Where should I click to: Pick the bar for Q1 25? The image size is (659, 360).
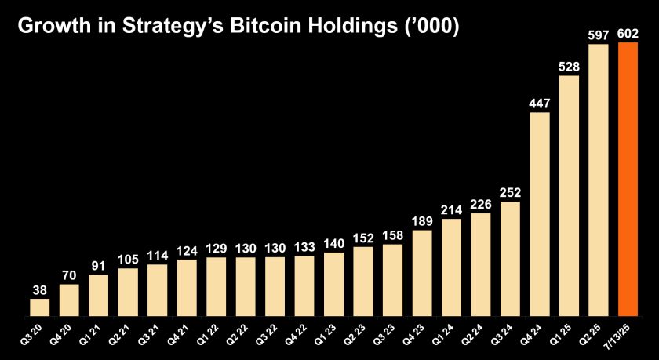pos(570,195)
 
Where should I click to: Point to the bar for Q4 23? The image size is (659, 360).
pos(422,273)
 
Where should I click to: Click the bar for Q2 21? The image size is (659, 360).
pos(128,292)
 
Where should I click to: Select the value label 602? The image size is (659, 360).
pos(628,34)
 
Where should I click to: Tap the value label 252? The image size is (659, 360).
pos(511,192)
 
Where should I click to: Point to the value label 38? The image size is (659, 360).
pos(40,289)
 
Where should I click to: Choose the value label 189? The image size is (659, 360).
pos(422,220)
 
